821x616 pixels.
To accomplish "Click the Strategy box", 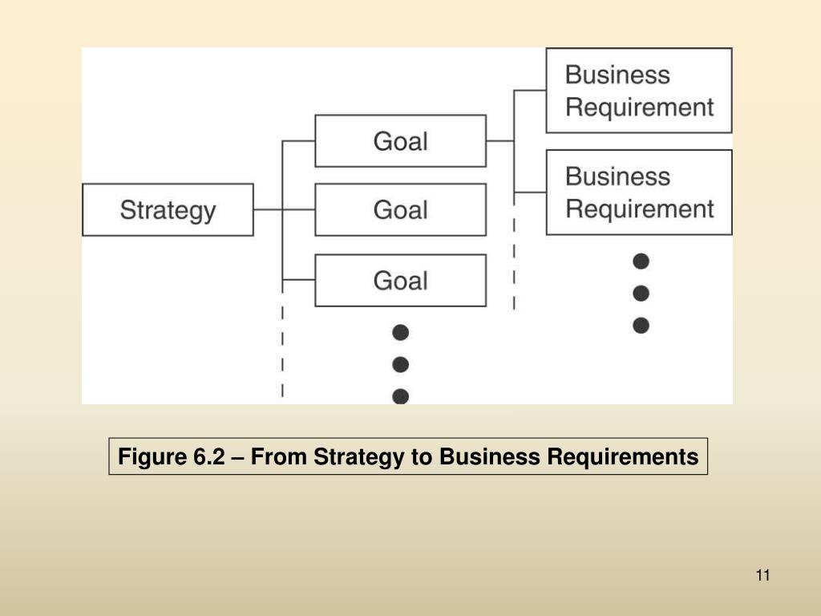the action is coord(168,210).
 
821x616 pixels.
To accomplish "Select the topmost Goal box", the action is coord(400,141).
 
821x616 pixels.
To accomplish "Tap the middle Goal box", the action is coord(400,210).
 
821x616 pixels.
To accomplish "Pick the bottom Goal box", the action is coord(400,281).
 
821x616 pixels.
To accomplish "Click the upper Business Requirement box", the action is coord(639,91).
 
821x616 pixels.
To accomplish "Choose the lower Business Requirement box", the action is coord(639,192).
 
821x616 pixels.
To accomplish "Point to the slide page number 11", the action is coord(762,575).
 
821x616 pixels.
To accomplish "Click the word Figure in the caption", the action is coord(152,457).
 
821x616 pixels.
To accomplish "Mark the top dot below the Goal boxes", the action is coord(401,332).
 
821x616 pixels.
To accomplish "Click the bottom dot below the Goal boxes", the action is coord(401,396).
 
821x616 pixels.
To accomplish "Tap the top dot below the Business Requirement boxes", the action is coord(641,261).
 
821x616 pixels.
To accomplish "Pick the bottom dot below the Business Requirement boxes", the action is coord(641,326).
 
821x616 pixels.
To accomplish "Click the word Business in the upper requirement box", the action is coord(617,75).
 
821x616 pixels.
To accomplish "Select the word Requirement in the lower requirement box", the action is coord(639,209).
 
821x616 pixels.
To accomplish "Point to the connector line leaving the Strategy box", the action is coord(268,210).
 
